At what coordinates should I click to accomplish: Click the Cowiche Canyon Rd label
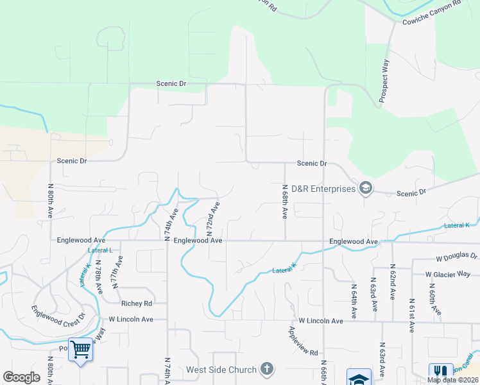tap(431, 13)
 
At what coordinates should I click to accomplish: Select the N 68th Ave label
tap(284, 202)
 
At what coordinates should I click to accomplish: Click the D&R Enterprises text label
tap(323, 189)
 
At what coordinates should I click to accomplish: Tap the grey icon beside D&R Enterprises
tap(366, 188)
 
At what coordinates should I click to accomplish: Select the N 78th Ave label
tap(99, 275)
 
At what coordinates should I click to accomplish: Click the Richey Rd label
tap(136, 303)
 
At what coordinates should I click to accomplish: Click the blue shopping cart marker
tap(80, 350)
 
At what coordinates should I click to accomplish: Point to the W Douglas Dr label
tap(456, 256)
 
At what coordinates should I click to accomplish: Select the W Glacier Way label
tap(448, 274)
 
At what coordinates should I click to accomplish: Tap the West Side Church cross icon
tap(267, 370)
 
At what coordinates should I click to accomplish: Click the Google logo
tap(22, 377)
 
